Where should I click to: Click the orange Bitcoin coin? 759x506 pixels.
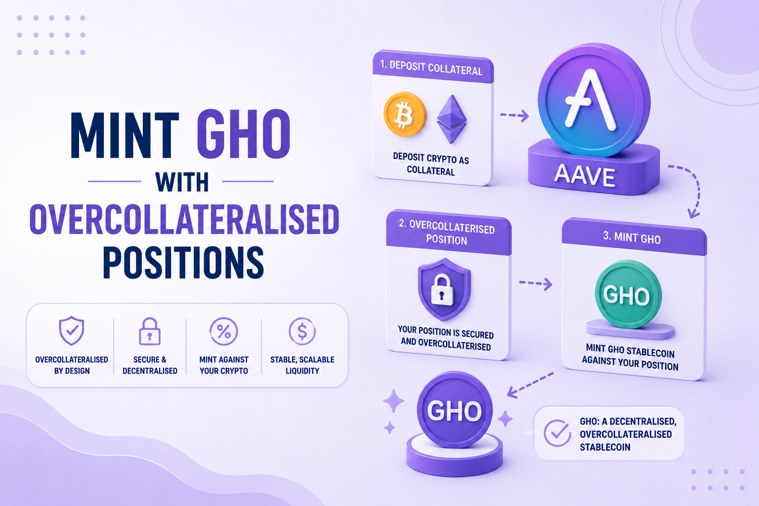click(405, 114)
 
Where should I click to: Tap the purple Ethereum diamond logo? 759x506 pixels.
click(452, 119)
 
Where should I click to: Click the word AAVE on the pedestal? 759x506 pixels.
click(585, 175)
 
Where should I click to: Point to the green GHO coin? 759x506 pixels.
click(628, 294)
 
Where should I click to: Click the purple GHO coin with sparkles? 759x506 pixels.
click(455, 410)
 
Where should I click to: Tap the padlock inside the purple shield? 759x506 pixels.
click(442, 290)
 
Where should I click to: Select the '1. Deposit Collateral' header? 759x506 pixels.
click(431, 67)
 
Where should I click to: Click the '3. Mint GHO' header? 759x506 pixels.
click(632, 238)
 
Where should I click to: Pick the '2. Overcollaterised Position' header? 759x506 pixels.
click(447, 233)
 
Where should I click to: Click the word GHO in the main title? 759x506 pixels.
click(243, 134)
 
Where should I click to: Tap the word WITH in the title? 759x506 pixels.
click(182, 182)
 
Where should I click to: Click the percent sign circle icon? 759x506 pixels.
click(224, 331)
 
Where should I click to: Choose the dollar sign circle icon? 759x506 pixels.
click(302, 331)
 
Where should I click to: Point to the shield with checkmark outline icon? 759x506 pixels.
click(72, 331)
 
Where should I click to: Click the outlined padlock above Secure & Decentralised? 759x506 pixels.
click(150, 331)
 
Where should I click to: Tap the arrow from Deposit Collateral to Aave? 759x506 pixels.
click(514, 116)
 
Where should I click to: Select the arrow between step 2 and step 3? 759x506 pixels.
click(536, 283)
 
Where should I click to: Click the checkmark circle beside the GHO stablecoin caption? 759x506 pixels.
click(557, 433)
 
